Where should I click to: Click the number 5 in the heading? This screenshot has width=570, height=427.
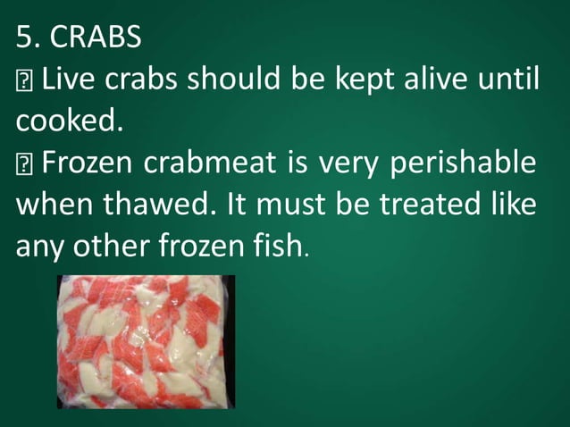pos(23,37)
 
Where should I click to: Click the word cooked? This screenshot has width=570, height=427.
pos(65,121)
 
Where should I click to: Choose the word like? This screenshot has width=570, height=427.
pos(513,204)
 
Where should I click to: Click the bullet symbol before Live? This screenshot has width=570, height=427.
pos(23,80)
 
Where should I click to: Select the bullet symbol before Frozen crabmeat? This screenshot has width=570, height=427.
pos(23,164)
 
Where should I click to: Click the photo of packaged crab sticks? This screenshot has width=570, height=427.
pos(146,341)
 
